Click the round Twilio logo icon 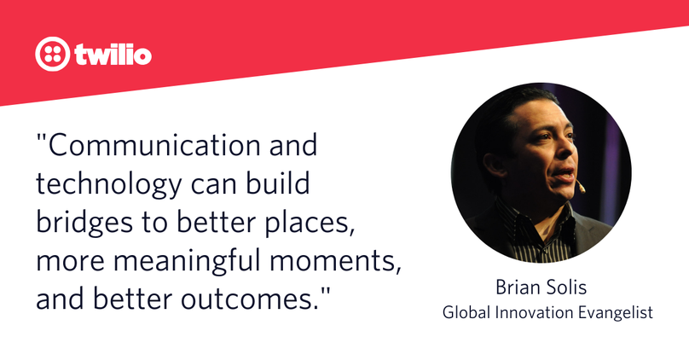click(52, 54)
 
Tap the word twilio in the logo click(113, 54)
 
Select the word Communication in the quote click(154, 145)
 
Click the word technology click(108, 184)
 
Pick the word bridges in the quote click(84, 223)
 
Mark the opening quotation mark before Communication click(41, 138)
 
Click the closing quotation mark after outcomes click(324, 293)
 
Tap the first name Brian click(517, 287)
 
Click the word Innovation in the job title click(535, 312)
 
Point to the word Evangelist click(615, 313)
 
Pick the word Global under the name click(466, 312)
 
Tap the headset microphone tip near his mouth click(582, 189)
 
